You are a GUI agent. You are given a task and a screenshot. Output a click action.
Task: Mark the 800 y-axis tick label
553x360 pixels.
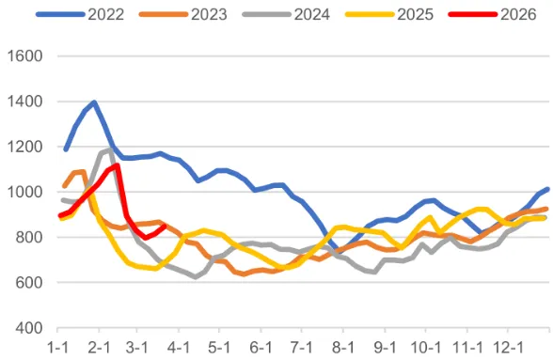click(x=28, y=237)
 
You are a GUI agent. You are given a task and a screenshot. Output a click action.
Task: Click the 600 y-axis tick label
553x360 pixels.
click(x=28, y=282)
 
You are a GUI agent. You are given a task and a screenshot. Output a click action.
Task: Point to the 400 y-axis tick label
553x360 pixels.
click(x=28, y=328)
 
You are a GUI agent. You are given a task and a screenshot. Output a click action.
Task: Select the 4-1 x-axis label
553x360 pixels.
click(x=179, y=347)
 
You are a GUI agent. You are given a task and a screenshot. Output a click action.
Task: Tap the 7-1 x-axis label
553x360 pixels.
click(x=301, y=347)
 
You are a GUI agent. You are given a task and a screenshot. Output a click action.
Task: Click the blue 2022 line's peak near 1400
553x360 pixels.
click(x=94, y=102)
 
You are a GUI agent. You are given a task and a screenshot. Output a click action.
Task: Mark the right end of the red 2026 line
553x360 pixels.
click(x=165, y=226)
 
